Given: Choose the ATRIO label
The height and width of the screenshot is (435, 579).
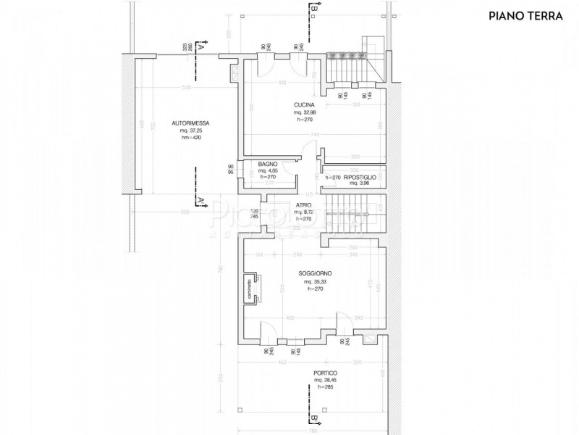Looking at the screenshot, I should click(x=303, y=205).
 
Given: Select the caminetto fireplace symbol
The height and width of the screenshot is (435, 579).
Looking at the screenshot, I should click(x=249, y=290).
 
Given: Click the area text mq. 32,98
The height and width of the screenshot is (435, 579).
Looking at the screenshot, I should click(x=304, y=112).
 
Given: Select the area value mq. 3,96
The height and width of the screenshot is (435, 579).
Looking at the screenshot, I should click(x=359, y=183).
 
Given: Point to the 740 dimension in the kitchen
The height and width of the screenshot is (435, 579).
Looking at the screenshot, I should click(x=315, y=135).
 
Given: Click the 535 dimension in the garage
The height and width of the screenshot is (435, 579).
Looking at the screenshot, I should click(x=186, y=88).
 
